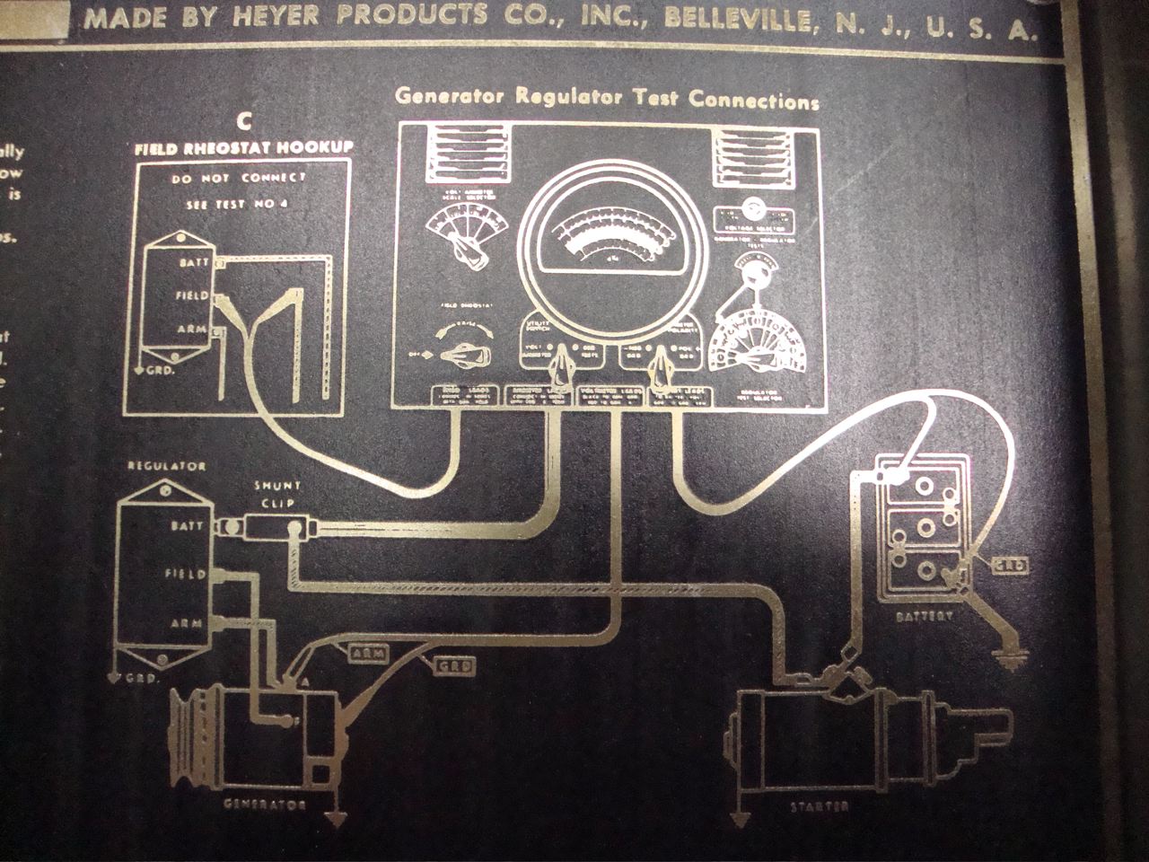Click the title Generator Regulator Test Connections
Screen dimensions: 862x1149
[608, 98]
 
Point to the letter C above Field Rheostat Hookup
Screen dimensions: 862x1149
[242, 122]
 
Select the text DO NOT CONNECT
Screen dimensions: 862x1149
[238, 177]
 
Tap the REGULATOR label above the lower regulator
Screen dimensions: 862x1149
[167, 466]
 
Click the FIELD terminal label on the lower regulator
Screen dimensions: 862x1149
[186, 573]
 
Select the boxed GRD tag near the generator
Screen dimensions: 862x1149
[454, 667]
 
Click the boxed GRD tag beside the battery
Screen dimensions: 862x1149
[1009, 565]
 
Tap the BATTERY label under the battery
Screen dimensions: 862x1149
[924, 618]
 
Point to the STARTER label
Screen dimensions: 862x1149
[819, 806]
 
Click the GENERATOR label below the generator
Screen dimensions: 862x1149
[265, 804]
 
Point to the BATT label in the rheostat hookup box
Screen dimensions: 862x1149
[194, 262]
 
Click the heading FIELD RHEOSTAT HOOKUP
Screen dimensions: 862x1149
[244, 147]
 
